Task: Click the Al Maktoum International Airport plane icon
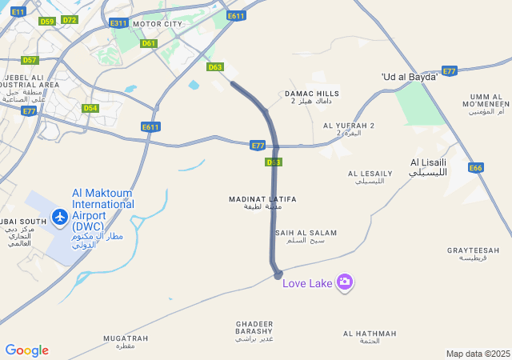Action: click(x=59, y=216)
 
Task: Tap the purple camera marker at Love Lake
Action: click(x=345, y=282)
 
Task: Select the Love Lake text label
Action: click(x=307, y=283)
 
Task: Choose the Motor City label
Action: click(x=158, y=24)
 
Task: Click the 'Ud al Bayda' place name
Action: click(x=410, y=77)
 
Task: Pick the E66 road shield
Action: click(x=476, y=168)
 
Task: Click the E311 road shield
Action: click(x=119, y=23)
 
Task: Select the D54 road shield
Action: click(x=90, y=108)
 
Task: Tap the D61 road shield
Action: click(x=149, y=43)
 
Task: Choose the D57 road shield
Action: click(x=30, y=60)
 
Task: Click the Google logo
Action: click(x=26, y=350)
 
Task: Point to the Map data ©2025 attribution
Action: click(x=478, y=354)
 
